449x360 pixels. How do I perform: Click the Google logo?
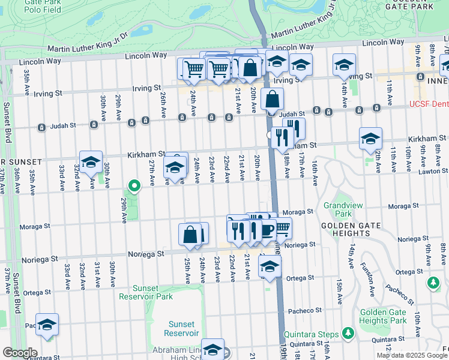click(19, 353)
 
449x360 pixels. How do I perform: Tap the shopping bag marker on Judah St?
click(273, 98)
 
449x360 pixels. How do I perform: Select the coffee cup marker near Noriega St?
click(266, 230)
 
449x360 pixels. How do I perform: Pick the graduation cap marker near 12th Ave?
click(370, 138)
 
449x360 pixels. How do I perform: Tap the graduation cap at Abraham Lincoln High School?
click(212, 349)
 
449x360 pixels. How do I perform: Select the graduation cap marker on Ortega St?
click(270, 266)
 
